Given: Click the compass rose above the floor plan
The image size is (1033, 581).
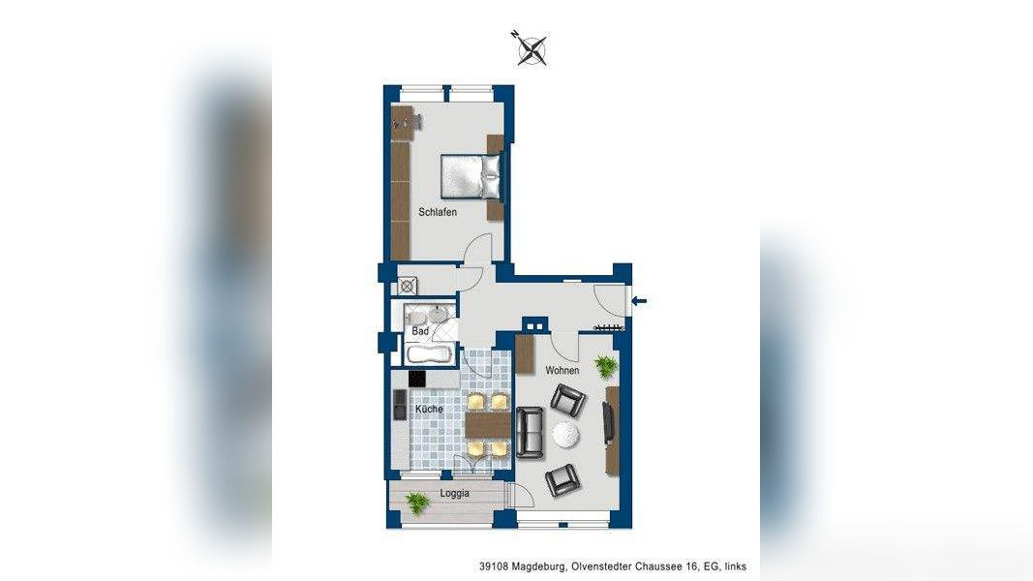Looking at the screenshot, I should click(531, 48).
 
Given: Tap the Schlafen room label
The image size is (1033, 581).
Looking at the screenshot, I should click(438, 212).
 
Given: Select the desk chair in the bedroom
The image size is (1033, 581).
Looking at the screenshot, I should click(399, 124).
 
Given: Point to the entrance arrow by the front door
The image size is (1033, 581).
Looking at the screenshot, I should click(640, 302).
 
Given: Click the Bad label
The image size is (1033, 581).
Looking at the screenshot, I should click(420, 331).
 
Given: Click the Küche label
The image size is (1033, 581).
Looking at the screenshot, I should click(429, 410).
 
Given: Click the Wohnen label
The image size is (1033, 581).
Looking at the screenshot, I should click(562, 371).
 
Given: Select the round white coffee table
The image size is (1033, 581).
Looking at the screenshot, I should click(566, 436).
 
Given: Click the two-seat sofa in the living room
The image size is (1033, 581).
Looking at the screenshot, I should click(530, 433).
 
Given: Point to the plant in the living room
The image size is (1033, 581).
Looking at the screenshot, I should click(606, 365).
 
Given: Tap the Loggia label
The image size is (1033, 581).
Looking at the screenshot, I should click(454, 493).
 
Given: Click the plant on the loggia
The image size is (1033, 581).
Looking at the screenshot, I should click(417, 502).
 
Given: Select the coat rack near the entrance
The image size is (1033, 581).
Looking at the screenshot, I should click(606, 329).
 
